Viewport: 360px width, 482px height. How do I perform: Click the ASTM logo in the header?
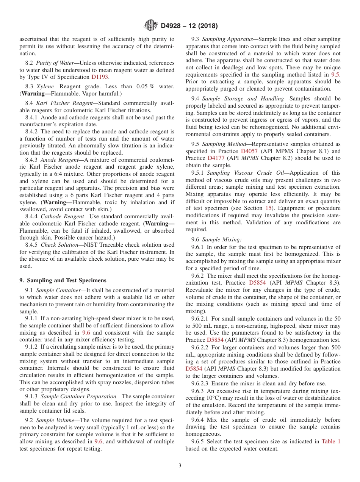coord(151,26)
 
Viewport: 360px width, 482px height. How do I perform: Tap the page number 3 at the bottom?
coord(180,465)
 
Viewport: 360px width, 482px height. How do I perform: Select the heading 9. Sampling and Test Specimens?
coord(63,280)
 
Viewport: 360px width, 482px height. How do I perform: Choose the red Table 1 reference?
coord(331,441)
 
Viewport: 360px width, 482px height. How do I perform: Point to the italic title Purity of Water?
coord(56,63)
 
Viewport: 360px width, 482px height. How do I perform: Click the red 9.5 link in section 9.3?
coord(336,75)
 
